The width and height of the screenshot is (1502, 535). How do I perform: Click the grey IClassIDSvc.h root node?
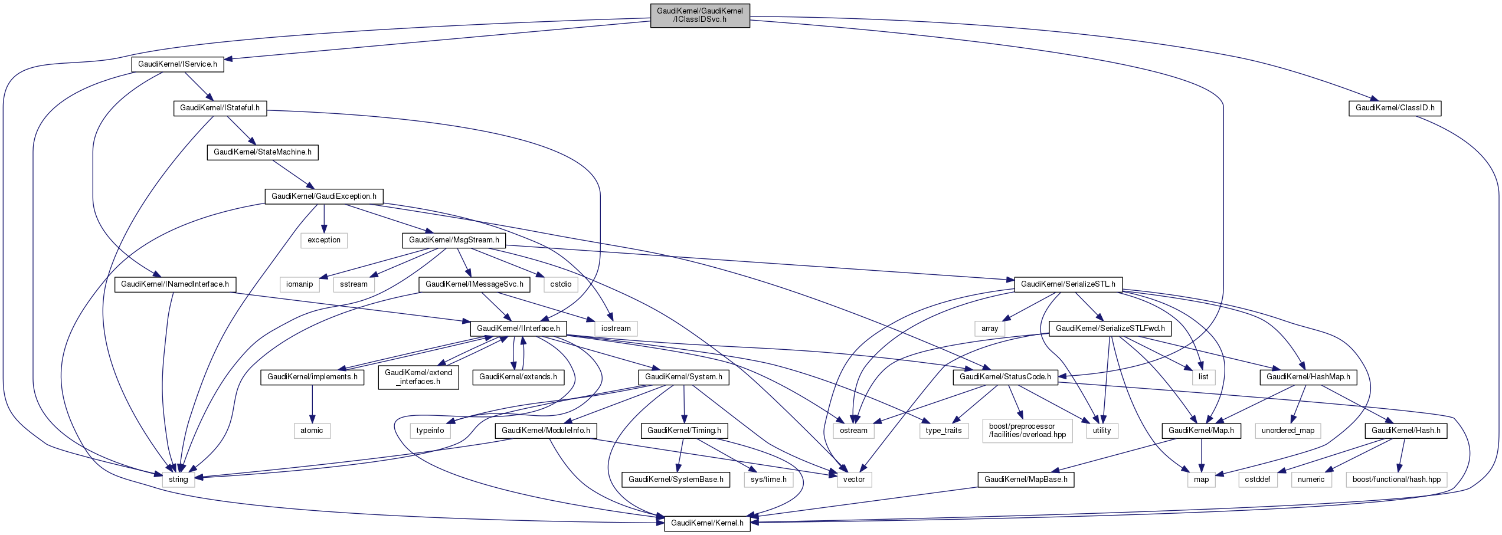tap(700, 15)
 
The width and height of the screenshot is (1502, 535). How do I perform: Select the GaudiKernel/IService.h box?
tap(178, 64)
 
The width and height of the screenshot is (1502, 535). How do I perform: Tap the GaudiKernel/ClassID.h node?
tap(1395, 108)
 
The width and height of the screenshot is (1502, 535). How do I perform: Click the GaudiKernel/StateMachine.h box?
tap(263, 152)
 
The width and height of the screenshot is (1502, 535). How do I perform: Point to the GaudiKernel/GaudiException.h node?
tap(324, 196)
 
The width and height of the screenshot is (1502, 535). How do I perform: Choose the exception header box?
tap(324, 240)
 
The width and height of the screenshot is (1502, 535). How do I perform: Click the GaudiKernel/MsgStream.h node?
tap(454, 240)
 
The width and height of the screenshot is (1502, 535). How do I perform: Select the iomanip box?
tap(300, 284)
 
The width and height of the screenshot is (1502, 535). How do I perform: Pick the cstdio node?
tap(561, 284)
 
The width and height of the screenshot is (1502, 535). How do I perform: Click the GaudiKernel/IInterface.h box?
tap(518, 329)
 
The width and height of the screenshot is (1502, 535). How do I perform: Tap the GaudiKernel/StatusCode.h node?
tap(1005, 377)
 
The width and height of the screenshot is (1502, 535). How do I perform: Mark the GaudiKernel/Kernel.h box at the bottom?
tap(707, 523)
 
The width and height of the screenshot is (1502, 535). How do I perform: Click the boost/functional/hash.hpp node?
tap(1396, 480)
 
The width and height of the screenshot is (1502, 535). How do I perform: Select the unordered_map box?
tap(1288, 431)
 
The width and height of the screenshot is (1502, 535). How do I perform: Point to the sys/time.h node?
tap(768, 480)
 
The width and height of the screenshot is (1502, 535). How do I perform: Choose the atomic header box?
tap(312, 431)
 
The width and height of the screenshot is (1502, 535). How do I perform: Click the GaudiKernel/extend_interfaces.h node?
tap(418, 377)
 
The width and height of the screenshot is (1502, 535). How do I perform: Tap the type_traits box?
tap(944, 431)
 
